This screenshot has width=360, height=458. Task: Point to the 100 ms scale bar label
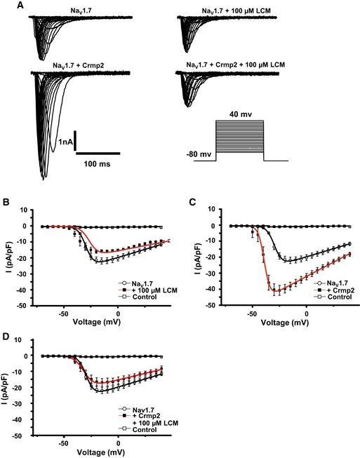pyautogui.click(x=98, y=162)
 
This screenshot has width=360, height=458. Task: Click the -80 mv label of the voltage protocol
pyautogui.click(x=205, y=150)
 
